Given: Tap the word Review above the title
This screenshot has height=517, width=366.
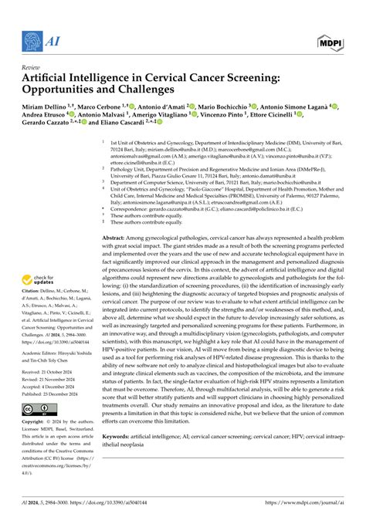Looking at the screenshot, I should click(33, 67).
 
